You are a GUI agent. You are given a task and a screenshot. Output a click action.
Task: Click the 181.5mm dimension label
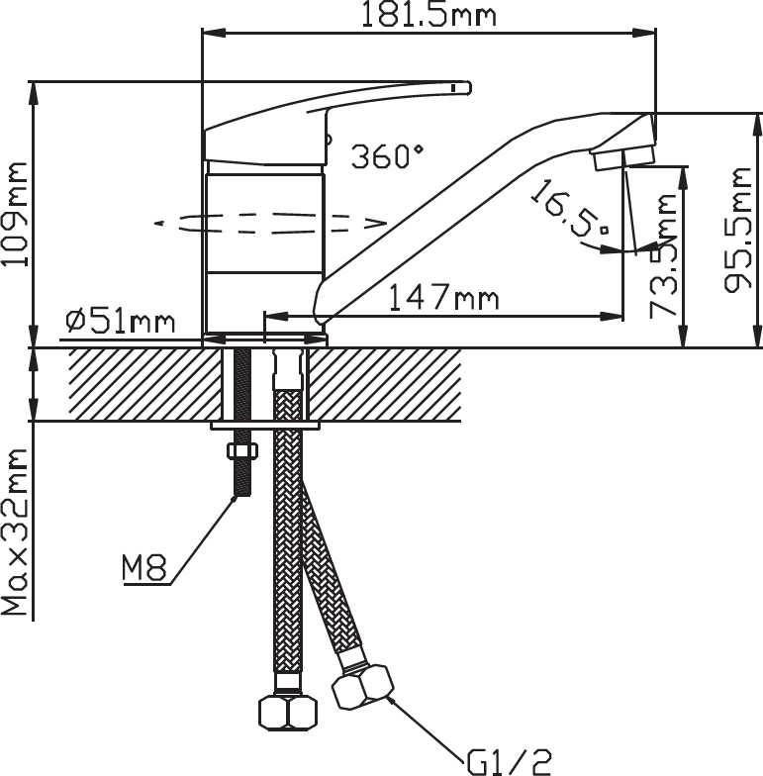429,15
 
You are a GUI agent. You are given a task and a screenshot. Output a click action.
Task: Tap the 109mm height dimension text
15,214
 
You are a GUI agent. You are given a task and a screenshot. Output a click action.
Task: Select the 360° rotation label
388,156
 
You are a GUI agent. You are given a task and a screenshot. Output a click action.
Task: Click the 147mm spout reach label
443,297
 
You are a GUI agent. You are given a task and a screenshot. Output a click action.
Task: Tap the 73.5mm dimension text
663,255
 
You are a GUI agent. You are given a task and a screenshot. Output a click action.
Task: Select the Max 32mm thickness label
15,533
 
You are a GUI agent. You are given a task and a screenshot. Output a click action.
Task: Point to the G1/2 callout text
509,761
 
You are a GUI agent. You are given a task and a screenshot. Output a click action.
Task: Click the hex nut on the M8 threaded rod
241,451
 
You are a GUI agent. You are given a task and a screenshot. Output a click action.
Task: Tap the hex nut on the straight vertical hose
288,713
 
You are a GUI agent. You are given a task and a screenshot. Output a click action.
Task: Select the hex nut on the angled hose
363,687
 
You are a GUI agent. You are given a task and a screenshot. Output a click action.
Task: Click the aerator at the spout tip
624,158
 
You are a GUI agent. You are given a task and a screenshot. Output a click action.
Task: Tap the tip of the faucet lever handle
469,88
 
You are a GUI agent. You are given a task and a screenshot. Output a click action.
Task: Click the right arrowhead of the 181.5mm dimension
645,33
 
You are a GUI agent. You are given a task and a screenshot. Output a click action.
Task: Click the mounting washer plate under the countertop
265,426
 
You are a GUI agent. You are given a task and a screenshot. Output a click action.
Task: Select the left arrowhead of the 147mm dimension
276,316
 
